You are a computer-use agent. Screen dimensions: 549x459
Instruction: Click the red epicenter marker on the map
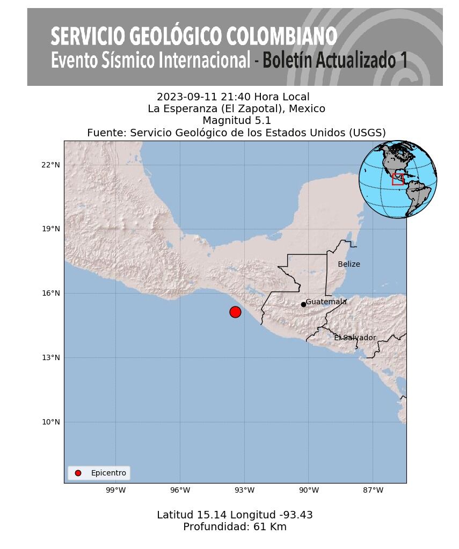click(235, 312)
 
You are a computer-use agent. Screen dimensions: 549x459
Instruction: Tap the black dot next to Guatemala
click(303, 304)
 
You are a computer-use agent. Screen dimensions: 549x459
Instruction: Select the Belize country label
click(349, 265)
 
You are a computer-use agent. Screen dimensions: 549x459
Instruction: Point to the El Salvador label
click(355, 338)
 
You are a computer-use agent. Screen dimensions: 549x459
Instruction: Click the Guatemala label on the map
click(326, 302)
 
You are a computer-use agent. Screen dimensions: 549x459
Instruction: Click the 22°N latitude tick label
click(50, 165)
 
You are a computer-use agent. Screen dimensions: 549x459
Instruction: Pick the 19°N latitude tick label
click(50, 229)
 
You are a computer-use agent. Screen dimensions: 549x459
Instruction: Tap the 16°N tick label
click(50, 293)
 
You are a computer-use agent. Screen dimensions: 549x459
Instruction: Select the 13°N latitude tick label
click(50, 357)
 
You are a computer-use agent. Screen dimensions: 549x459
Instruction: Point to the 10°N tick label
click(50, 422)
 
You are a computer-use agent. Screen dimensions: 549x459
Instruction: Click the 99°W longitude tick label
click(115, 490)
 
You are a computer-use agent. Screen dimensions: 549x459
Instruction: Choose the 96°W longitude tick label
click(180, 490)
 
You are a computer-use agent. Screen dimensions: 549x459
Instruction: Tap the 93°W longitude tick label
click(244, 490)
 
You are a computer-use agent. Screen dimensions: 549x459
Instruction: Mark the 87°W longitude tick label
click(373, 490)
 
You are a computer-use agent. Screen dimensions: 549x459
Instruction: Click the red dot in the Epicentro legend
click(78, 473)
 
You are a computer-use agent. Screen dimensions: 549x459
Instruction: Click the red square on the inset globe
click(398, 179)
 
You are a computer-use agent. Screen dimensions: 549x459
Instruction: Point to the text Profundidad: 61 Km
click(235, 527)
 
